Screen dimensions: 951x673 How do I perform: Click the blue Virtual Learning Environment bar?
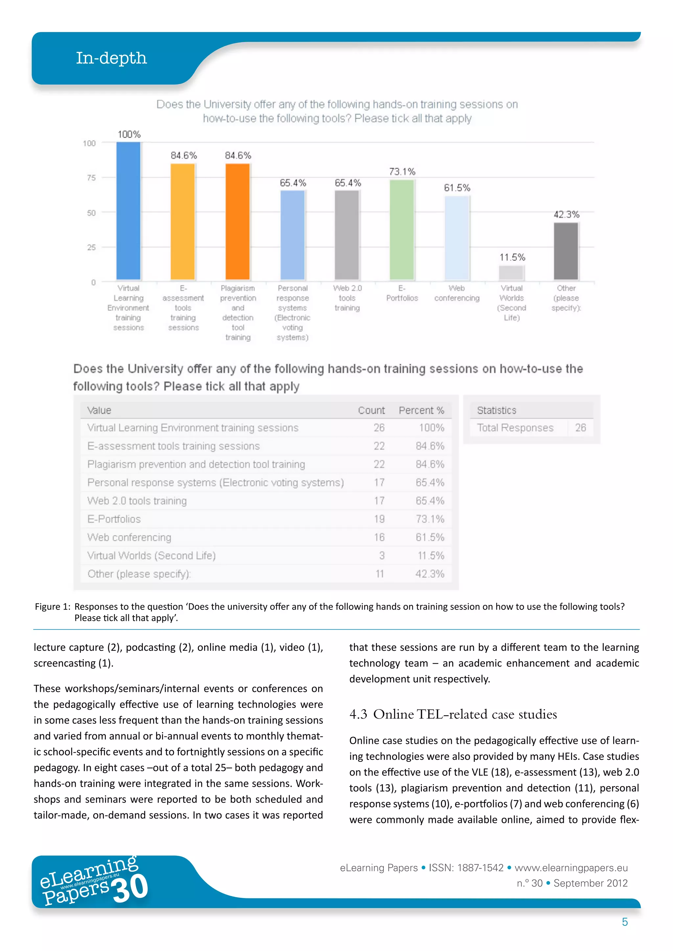128,211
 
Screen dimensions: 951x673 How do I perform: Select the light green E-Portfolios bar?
402,230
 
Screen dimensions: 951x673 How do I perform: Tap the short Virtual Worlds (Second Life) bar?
511,273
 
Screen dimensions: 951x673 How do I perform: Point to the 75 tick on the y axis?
91,178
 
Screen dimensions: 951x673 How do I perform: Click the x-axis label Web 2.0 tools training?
347,298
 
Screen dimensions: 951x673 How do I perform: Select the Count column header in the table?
371,410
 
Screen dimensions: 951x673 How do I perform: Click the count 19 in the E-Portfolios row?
379,519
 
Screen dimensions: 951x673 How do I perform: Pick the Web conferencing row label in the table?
129,537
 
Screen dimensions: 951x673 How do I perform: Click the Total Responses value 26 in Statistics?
580,428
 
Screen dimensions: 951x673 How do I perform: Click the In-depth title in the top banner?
111,58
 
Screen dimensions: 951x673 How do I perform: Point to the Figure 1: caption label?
52,607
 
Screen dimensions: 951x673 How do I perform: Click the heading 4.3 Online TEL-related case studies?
453,714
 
